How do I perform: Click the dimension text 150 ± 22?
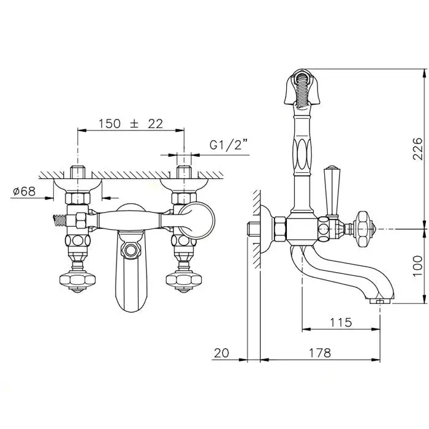(131, 124)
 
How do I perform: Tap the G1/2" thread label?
(229, 144)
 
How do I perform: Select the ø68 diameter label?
(25, 191)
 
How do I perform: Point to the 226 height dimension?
(417, 148)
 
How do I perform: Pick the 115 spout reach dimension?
(341, 322)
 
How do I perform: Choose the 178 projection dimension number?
(319, 353)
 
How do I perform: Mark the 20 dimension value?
(221, 353)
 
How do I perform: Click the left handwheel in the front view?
(78, 281)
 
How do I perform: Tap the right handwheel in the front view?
(184, 281)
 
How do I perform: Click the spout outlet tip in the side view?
(380, 301)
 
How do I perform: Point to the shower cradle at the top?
(302, 87)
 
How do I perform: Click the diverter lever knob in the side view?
(331, 191)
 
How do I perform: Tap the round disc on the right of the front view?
(197, 221)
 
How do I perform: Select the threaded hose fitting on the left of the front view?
(59, 221)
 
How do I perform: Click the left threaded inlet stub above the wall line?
(78, 172)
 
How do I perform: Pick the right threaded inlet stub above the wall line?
(184, 172)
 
